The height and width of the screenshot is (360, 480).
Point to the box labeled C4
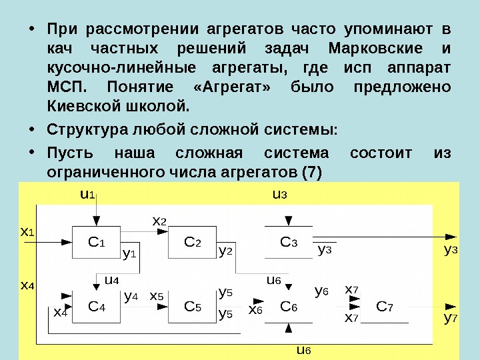click(97, 307)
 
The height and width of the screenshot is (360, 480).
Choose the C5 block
click(193, 307)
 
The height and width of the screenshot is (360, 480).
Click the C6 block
click(289, 307)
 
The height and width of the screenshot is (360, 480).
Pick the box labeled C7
click(385, 307)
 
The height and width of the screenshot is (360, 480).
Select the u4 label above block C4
click(111, 280)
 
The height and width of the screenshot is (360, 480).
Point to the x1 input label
click(27, 233)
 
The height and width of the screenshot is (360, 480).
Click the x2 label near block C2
click(159, 221)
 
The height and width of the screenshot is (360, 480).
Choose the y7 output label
click(451, 318)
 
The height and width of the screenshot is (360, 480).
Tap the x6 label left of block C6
click(255, 310)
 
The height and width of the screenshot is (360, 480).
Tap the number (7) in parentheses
click(311, 171)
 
